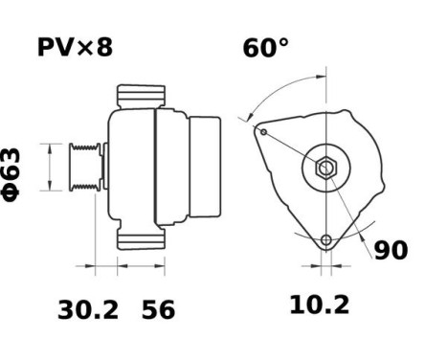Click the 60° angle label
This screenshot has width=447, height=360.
[265, 47]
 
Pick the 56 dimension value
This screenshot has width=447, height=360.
[159, 308]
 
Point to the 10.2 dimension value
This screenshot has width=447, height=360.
[320, 305]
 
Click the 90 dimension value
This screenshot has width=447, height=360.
[390, 250]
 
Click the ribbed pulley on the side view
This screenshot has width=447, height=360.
[85, 169]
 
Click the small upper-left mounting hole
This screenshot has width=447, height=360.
[262, 132]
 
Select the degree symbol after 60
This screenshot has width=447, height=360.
[284, 41]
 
